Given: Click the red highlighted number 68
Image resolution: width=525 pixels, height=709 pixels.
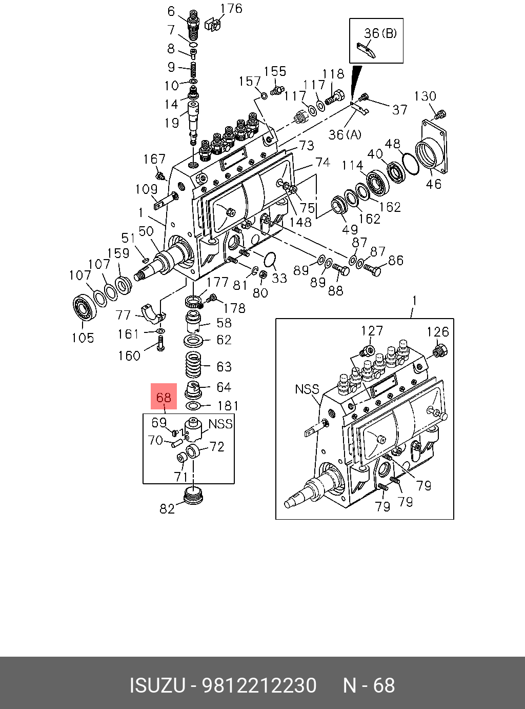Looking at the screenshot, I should (x=164, y=397).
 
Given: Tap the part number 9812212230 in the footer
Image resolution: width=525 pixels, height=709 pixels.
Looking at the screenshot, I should (x=259, y=685).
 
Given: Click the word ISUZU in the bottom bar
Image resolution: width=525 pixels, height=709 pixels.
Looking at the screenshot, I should (x=157, y=685).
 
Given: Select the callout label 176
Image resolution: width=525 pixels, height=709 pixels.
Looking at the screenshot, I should (x=231, y=9).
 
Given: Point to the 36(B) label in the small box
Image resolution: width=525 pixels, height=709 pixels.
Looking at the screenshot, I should (x=380, y=33).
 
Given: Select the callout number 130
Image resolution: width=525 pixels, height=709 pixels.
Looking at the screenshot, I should (x=425, y=96).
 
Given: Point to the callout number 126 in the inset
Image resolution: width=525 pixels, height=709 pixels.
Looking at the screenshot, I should (x=438, y=332).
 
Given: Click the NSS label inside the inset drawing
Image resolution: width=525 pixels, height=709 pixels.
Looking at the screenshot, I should (x=307, y=389).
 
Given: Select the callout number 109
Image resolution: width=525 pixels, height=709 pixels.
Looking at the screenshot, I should (x=146, y=189).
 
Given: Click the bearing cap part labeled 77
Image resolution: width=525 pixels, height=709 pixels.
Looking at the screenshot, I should (x=152, y=314).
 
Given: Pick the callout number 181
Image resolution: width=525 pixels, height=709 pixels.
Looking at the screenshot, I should (x=228, y=406).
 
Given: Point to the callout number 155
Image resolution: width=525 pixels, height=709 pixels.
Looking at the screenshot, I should (x=275, y=72).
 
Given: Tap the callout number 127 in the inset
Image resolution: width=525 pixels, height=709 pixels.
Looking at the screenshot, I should (x=372, y=331).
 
